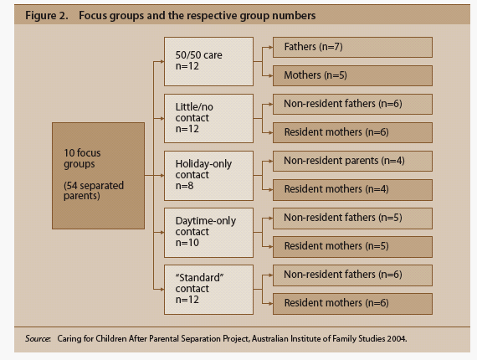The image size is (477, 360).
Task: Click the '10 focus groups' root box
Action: [x=98, y=176]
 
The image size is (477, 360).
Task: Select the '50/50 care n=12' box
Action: [x=208, y=61]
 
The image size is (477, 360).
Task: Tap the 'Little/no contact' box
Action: [x=208, y=118]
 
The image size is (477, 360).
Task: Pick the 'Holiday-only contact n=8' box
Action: [x=208, y=176]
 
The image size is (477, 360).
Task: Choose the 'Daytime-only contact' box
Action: [x=208, y=233]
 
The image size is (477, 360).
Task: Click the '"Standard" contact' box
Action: [x=208, y=290]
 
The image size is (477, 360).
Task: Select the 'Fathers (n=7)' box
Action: [x=352, y=47]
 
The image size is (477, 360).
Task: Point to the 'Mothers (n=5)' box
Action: [x=352, y=75]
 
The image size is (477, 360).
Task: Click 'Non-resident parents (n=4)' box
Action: [x=352, y=162]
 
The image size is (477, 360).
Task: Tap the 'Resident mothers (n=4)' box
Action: [x=352, y=190]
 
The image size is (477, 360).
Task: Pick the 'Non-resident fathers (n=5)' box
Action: [x=352, y=219]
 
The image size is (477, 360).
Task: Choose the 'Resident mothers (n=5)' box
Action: [x=352, y=247]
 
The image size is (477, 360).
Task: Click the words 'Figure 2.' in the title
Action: [x=47, y=16]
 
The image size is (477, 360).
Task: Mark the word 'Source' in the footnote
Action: [x=38, y=339]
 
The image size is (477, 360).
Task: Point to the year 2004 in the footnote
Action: [x=397, y=339]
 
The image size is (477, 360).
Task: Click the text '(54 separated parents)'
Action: [x=94, y=191]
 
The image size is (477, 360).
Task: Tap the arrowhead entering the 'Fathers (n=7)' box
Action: [x=271, y=47]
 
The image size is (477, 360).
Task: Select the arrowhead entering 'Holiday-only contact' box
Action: [x=162, y=175]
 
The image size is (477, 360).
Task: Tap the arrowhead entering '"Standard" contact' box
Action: [x=162, y=290]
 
